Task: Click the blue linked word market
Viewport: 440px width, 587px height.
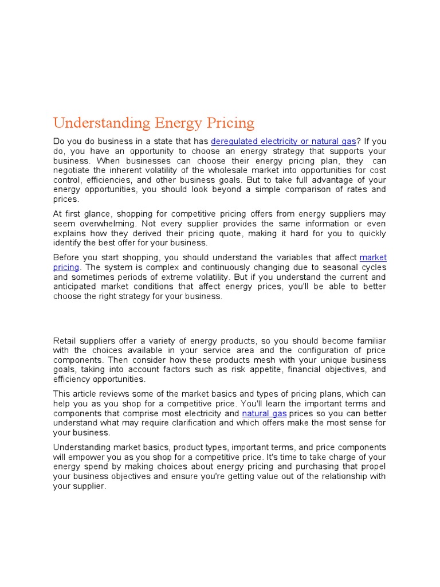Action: [x=373, y=257]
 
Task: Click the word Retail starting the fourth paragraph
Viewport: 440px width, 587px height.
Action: [x=65, y=341]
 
